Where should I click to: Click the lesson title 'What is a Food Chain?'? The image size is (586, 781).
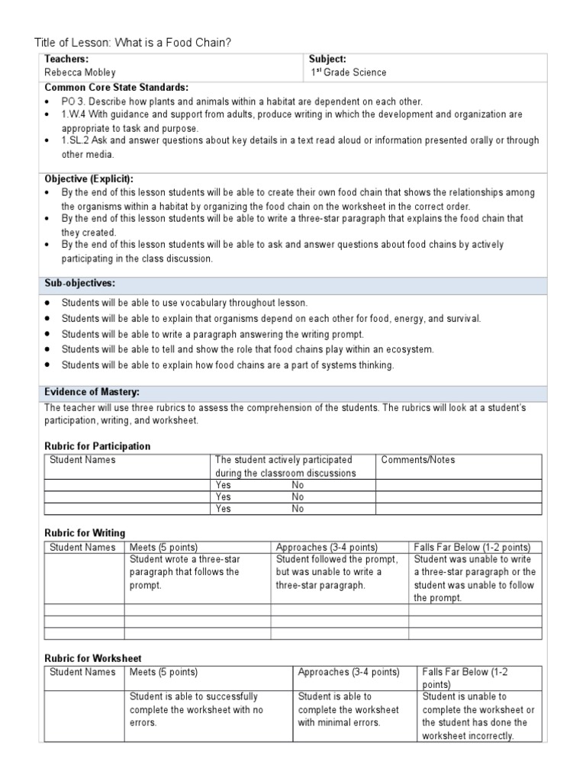(x=172, y=43)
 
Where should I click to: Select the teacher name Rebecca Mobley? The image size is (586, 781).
(x=80, y=72)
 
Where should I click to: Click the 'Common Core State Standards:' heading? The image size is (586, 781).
(x=117, y=87)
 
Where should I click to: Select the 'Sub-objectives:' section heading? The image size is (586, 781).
(x=79, y=283)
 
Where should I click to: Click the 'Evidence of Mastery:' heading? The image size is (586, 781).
(x=92, y=392)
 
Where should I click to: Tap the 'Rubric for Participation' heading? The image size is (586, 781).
(x=97, y=446)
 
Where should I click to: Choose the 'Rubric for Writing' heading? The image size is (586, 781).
(x=85, y=533)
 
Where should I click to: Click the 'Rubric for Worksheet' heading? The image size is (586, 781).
(x=92, y=658)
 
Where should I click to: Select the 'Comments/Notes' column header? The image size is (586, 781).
(x=417, y=460)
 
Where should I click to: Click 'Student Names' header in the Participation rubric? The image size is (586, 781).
(x=82, y=460)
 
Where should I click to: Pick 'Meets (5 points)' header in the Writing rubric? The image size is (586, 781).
(x=163, y=547)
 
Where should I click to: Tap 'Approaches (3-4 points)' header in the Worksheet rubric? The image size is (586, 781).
(x=349, y=672)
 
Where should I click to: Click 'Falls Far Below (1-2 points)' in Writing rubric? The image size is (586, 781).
(x=472, y=547)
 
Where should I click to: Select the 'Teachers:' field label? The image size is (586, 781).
(x=66, y=59)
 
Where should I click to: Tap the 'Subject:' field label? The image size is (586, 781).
(x=327, y=59)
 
